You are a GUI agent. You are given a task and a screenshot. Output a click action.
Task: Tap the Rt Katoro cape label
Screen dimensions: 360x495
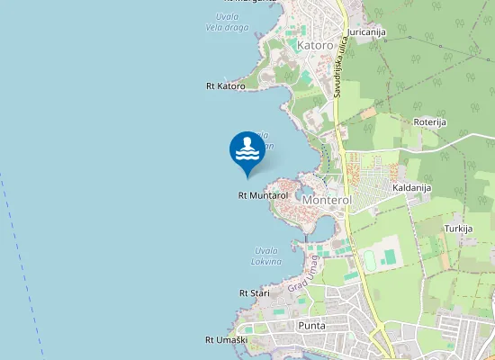click(x=225, y=86)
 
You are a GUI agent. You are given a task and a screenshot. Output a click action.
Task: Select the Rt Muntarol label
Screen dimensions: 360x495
click(x=263, y=194)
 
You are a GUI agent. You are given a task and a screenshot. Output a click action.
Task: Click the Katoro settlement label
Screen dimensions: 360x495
click(x=315, y=45)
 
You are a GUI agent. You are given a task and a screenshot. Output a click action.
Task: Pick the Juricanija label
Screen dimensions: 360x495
click(x=366, y=32)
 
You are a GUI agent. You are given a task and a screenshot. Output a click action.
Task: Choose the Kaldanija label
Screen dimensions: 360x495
click(x=412, y=187)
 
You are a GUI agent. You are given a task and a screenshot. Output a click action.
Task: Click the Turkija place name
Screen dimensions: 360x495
click(x=458, y=229)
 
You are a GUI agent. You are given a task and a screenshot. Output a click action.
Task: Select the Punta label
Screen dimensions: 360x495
click(x=311, y=325)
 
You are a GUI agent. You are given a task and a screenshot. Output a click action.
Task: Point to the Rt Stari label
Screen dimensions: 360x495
click(x=255, y=293)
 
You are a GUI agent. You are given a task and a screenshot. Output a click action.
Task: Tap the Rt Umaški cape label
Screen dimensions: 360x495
click(x=225, y=340)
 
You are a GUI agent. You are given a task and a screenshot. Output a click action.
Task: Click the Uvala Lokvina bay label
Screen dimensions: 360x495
click(x=266, y=256)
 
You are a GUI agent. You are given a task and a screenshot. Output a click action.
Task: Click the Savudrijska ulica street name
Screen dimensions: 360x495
click(x=339, y=74)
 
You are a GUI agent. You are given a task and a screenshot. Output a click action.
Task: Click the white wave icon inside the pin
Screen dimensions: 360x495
click(x=247, y=149)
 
